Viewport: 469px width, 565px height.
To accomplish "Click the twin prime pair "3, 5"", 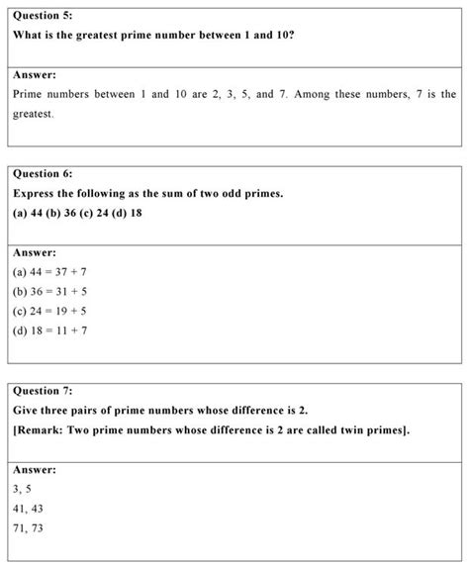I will click(22, 489).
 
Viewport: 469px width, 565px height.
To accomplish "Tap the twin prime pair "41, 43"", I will click(28, 509).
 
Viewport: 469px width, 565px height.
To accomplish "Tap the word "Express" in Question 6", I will click(38, 193).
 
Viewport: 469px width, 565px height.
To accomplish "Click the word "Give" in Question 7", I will click(28, 410).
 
